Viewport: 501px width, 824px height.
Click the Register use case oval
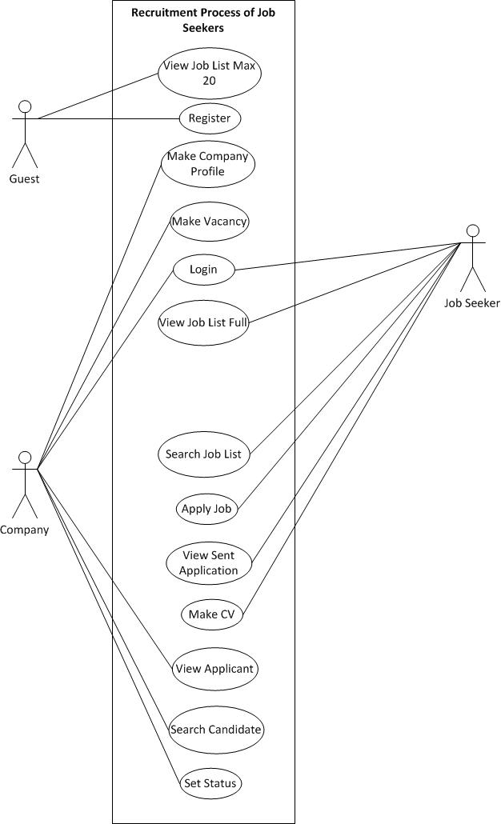pyautogui.click(x=209, y=118)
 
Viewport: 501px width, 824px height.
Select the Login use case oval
pyautogui.click(x=203, y=270)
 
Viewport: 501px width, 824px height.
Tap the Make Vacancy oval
pyautogui.click(x=210, y=222)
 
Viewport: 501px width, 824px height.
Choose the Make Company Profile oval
pyautogui.click(x=208, y=164)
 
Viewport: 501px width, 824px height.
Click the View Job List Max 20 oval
pyautogui.click(x=210, y=73)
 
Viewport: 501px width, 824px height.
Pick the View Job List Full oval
pyautogui.click(x=203, y=323)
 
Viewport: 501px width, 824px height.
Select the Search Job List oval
pyautogui.click(x=203, y=454)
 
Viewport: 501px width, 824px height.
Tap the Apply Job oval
pyautogui.click(x=206, y=509)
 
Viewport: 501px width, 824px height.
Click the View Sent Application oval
pyautogui.click(x=209, y=562)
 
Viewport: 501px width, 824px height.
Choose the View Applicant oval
pyautogui.click(x=214, y=669)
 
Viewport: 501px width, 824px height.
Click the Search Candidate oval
pyautogui.click(x=216, y=730)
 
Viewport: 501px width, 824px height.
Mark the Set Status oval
pyautogui.click(x=210, y=783)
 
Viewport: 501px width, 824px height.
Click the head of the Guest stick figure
pyautogui.click(x=25, y=106)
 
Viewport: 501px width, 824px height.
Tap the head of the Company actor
pyautogui.click(x=25, y=457)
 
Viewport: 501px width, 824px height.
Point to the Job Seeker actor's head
pyautogui.click(x=473, y=230)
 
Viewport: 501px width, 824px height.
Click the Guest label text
pyautogui.click(x=24, y=178)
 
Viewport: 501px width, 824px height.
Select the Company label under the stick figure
pyautogui.click(x=24, y=530)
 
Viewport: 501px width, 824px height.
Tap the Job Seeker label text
pyautogui.click(x=472, y=303)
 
